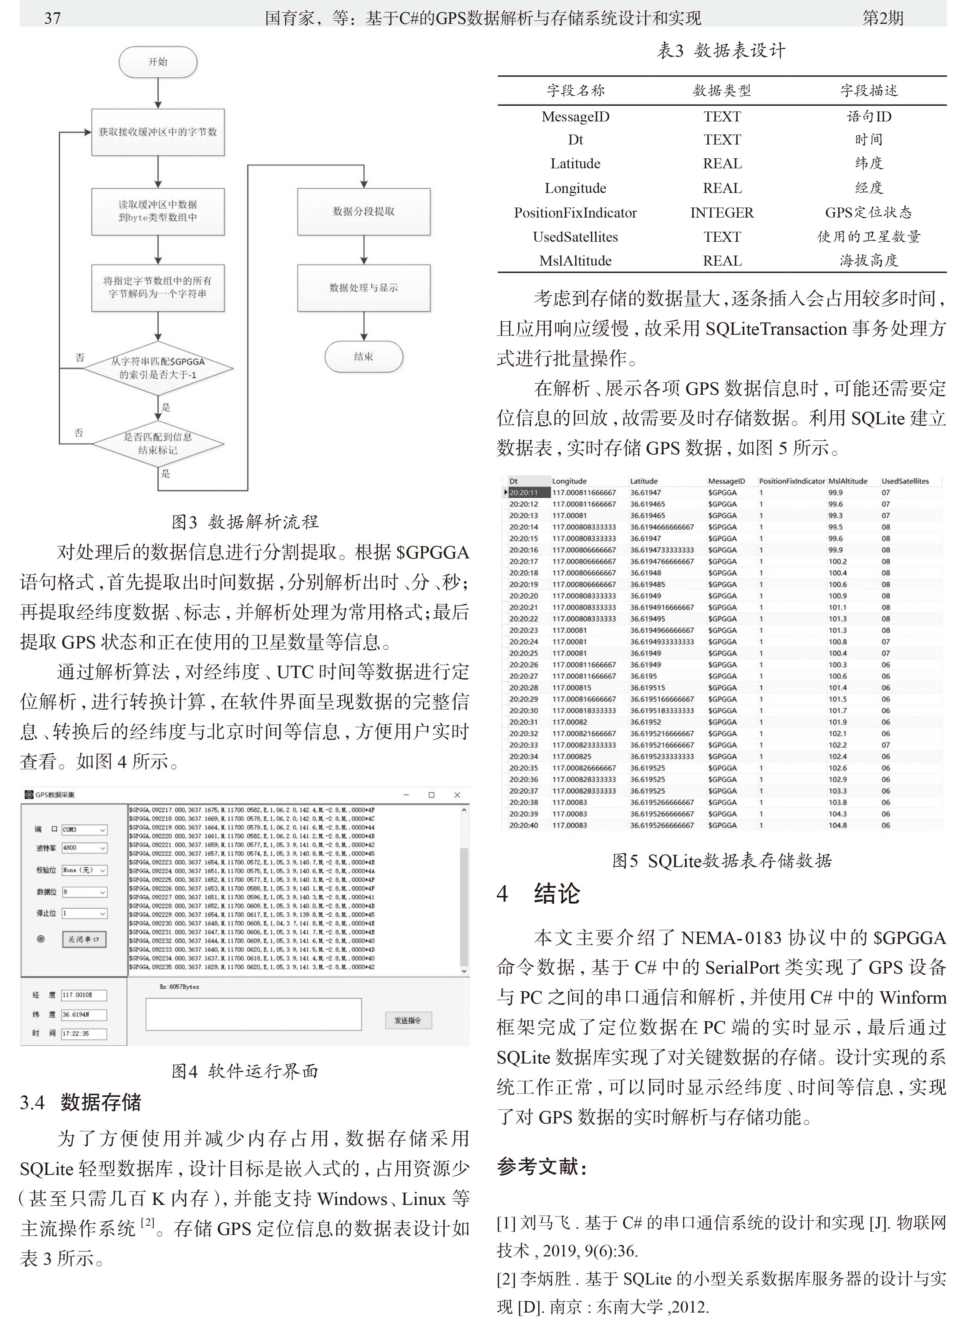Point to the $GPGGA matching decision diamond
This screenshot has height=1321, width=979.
[x=158, y=368]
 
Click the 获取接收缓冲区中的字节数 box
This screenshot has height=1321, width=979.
[x=158, y=132]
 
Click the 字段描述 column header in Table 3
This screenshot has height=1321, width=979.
[x=868, y=91]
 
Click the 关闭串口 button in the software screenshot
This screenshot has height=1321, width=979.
[x=84, y=939]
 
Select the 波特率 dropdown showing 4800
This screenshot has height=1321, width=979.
[x=84, y=848]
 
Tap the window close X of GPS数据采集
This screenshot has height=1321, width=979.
[x=457, y=795]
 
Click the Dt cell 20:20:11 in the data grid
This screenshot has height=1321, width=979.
[x=523, y=492]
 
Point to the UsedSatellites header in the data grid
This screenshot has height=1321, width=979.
[x=905, y=481]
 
